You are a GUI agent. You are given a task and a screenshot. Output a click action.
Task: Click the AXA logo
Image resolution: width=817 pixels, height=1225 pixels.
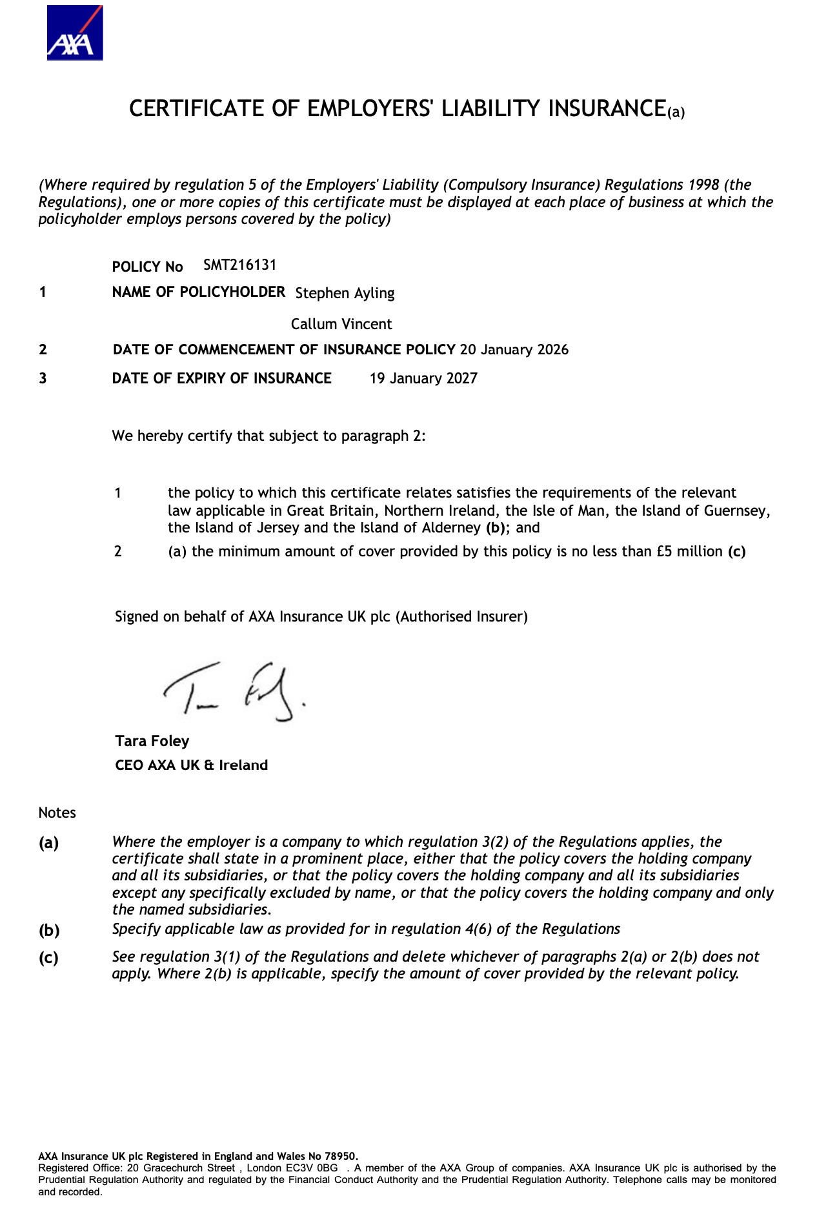[x=74, y=33]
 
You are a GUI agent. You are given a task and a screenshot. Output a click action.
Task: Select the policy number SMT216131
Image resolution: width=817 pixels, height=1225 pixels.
[x=239, y=265]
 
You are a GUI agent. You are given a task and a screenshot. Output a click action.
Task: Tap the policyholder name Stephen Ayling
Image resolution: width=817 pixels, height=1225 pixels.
[x=345, y=293]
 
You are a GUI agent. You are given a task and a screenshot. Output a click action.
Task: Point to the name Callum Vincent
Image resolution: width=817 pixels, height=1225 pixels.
[x=341, y=324]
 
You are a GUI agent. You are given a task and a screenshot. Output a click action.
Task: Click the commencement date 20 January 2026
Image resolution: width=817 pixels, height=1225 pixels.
[x=514, y=350]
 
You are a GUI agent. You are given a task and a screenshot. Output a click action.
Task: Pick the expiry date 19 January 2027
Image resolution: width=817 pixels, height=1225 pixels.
[x=423, y=378]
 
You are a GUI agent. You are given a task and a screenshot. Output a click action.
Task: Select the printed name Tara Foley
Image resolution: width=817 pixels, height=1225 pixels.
[x=152, y=741]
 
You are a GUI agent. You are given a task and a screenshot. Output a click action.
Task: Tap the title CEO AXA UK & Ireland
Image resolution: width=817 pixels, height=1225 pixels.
[x=191, y=765]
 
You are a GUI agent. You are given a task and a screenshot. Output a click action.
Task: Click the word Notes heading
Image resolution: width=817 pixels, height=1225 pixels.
[x=57, y=813]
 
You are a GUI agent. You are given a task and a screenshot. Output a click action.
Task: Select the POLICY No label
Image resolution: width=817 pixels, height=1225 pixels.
[x=147, y=267]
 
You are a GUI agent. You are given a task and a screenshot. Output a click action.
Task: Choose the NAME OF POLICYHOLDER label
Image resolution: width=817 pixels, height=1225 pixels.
[x=198, y=292]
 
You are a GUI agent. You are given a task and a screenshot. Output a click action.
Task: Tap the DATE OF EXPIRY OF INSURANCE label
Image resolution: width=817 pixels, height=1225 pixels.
[x=221, y=378]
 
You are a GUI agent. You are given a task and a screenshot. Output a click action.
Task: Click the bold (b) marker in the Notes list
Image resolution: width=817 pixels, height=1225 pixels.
[x=49, y=930]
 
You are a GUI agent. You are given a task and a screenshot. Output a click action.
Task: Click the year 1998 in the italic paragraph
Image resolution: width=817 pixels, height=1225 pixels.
[x=703, y=185]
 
